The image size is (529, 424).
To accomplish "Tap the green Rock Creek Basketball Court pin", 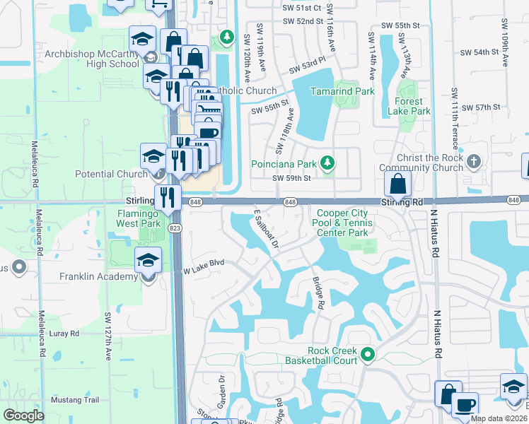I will tap(367, 353).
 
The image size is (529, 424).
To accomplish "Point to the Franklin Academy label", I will tap(88, 276).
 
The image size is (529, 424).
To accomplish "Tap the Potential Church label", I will tap(112, 173).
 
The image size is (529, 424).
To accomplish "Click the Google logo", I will tap(23, 416).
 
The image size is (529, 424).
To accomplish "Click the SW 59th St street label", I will tap(291, 178).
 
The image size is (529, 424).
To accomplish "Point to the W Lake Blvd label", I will tap(204, 264).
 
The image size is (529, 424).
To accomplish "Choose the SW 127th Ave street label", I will tap(108, 335).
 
